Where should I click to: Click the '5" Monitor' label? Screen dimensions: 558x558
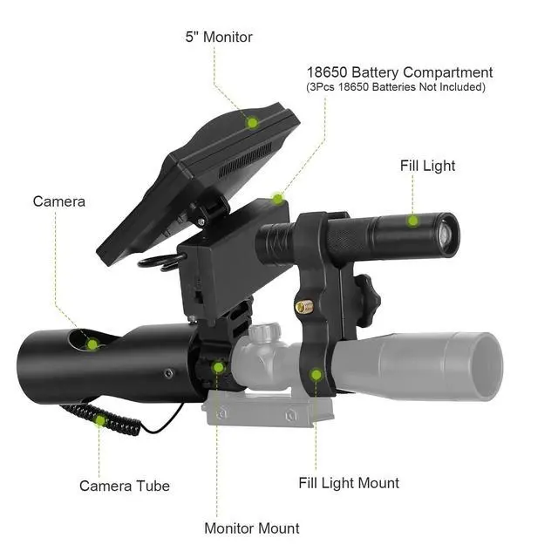coord(219,37)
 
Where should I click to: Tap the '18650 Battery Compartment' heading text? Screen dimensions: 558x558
coord(399,72)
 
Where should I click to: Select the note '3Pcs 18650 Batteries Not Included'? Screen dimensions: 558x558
coord(396,87)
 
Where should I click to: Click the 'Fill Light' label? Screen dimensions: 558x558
coord(427,166)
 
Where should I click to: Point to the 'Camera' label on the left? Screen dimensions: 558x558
coord(59,201)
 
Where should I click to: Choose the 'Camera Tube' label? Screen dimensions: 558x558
coord(125,486)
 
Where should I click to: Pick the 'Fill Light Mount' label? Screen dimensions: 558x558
coord(349,483)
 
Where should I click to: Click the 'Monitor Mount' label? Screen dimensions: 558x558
coord(252,528)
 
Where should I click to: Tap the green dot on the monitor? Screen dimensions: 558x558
coord(252,123)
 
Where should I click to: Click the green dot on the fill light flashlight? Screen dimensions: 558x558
coord(412,221)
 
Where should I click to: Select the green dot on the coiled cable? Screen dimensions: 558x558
coord(100,420)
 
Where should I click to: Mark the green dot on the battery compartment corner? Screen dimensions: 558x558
coord(277,199)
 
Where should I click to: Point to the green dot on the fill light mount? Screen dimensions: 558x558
coord(316,375)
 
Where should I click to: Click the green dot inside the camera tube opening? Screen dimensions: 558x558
coord(92,344)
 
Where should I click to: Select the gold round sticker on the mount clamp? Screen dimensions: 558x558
coord(304,307)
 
